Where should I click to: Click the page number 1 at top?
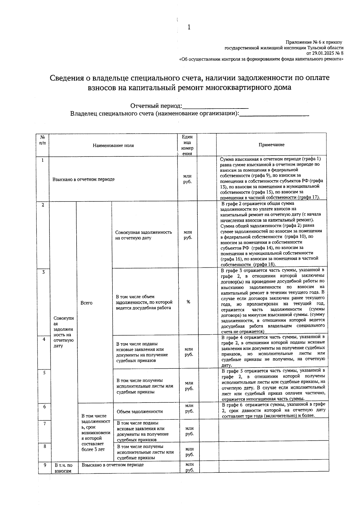(189, 27)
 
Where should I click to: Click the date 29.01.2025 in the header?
(322, 53)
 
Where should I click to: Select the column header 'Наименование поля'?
(113, 146)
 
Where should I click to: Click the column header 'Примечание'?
(271, 145)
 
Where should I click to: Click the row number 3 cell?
(43, 272)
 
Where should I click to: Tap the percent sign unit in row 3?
(188, 302)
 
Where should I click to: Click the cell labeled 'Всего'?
(86, 303)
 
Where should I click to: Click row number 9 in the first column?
(45, 465)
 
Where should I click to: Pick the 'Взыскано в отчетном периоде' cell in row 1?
(83, 179)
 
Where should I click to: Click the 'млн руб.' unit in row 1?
(187, 179)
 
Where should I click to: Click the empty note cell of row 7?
(273, 431)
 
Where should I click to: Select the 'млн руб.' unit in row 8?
(189, 452)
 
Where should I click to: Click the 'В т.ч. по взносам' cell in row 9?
(63, 468)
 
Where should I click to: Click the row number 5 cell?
(44, 373)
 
